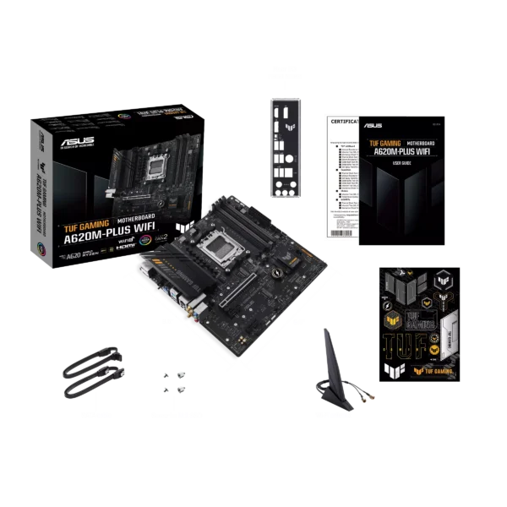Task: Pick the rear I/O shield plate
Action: [282, 146]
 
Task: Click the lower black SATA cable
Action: [94, 387]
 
